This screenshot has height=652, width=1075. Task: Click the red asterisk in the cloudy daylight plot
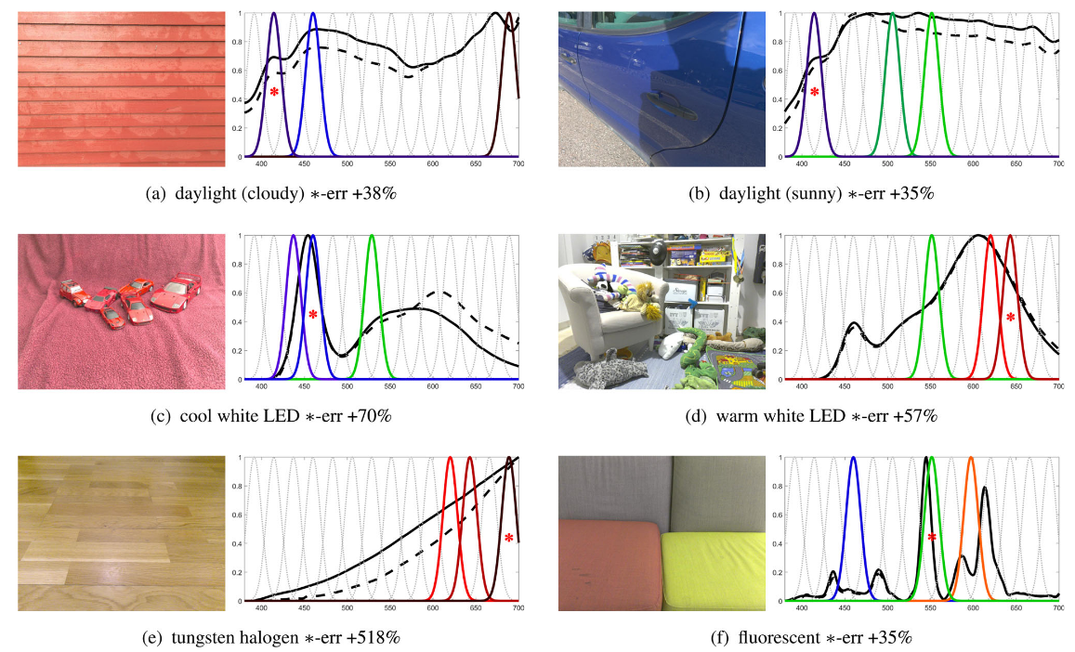(274, 92)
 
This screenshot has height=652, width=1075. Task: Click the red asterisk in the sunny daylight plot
(815, 92)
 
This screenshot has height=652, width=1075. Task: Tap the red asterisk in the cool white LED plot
(313, 315)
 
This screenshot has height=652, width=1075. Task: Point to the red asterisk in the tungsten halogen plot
(509, 538)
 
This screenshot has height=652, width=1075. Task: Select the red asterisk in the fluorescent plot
(932, 538)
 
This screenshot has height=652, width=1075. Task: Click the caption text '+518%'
(381, 638)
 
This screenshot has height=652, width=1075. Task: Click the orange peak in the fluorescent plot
(971, 459)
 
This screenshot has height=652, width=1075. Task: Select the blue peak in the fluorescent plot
(853, 459)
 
